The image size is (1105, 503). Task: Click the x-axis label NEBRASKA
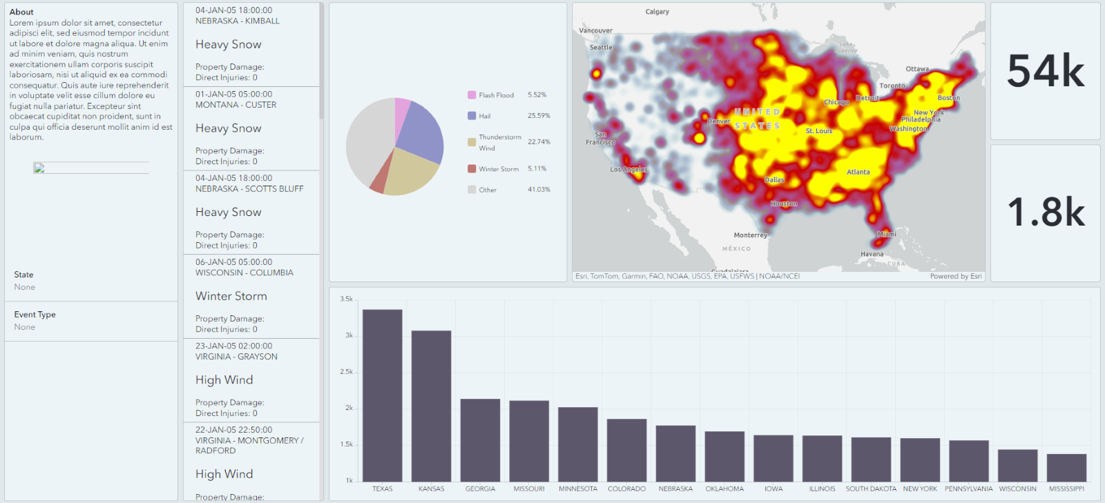point(675,489)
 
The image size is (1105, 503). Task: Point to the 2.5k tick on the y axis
point(346,372)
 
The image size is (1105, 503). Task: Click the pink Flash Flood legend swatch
point(472,95)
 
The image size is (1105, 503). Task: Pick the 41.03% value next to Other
point(539,189)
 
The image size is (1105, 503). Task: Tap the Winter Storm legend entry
point(498,169)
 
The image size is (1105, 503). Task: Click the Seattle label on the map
point(601,48)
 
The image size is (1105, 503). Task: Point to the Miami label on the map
point(887,234)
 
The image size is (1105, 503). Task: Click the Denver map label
point(719,121)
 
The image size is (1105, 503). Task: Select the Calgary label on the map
point(657,12)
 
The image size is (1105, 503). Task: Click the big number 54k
point(1045,71)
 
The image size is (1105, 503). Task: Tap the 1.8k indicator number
point(1045,213)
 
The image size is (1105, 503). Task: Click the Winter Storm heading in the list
point(231,296)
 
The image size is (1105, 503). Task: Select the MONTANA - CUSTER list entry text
point(236,105)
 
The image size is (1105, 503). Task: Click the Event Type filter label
point(35,315)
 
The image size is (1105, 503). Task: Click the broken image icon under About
point(39,168)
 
